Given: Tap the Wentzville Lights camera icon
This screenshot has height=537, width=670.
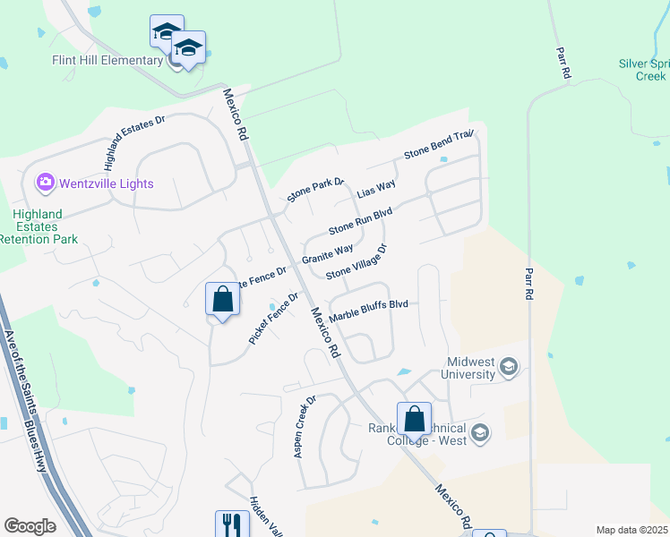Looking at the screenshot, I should pos(45,183).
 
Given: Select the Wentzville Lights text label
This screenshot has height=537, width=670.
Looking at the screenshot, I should pos(107,183).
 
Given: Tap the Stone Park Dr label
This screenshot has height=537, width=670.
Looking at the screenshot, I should pos(315,190).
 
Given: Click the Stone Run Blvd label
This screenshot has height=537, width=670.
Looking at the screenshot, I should pos(361,221).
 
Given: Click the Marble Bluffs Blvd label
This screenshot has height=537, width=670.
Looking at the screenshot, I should pos(369,311).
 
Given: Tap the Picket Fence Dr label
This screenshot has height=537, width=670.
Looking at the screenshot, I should pos(273,319).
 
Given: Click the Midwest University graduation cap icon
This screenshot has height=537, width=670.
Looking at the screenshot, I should pos(510,366).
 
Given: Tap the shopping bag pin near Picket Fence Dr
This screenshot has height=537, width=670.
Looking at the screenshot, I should pos(222,299).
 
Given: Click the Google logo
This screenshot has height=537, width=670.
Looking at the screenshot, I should pos(30,526).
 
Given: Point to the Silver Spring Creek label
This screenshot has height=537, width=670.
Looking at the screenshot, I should pos(644,70).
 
